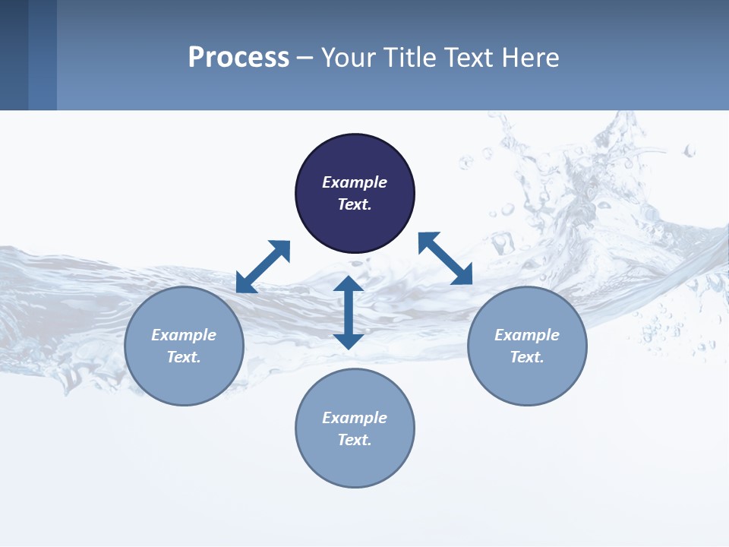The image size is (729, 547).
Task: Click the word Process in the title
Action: (238, 57)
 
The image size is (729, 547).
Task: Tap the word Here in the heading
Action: (532, 57)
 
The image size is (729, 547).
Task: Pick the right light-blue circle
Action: (527, 376)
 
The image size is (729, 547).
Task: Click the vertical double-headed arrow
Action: (349, 312)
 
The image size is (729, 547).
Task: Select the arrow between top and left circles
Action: (264, 266)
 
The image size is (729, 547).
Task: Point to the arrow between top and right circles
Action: (445, 258)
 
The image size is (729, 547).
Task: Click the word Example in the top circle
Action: (355, 182)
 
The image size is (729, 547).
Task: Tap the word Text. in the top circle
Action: (355, 204)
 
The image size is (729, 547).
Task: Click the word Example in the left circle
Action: (184, 335)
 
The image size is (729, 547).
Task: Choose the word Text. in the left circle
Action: (184, 357)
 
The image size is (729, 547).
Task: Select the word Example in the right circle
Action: (527, 335)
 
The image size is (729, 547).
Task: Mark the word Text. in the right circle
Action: (527, 357)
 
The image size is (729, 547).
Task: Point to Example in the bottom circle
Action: (355, 418)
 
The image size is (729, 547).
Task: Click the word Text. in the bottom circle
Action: (355, 440)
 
